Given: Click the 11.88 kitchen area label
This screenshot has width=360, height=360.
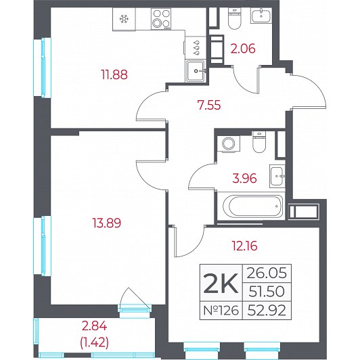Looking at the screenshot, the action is pyautogui.click(x=114, y=74).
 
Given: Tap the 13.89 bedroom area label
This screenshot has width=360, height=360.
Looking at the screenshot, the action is pyautogui.click(x=106, y=223).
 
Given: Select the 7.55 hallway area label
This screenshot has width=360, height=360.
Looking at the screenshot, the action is pyautogui.click(x=209, y=105).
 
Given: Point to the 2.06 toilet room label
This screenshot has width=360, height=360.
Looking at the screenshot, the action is pyautogui.click(x=243, y=49).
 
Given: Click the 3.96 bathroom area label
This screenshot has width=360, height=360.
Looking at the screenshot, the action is pyautogui.click(x=244, y=179).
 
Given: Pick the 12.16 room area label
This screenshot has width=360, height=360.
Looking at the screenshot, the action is pyautogui.click(x=245, y=246).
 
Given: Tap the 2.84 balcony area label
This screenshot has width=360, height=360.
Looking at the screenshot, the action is pyautogui.click(x=94, y=326).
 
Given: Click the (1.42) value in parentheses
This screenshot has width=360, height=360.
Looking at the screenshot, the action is pyautogui.click(x=94, y=343).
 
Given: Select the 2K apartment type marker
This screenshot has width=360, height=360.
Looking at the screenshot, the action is pyautogui.click(x=221, y=284).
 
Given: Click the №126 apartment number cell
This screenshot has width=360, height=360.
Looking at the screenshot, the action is pyautogui.click(x=221, y=311).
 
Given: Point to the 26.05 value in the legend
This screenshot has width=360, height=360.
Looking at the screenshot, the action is pyautogui.click(x=267, y=273).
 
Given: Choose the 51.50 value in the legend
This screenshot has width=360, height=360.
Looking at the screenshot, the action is pyautogui.click(x=267, y=292).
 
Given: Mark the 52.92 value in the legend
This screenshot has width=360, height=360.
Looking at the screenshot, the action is pyautogui.click(x=267, y=311).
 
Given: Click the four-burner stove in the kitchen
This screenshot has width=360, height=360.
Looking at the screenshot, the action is pyautogui.click(x=161, y=19).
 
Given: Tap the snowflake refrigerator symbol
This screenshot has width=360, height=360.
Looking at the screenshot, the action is pyautogui.click(x=124, y=19).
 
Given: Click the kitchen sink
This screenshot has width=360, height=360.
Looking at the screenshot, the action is pyautogui.click(x=196, y=70).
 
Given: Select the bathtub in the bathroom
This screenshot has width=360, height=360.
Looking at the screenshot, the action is pyautogui.click(x=252, y=206).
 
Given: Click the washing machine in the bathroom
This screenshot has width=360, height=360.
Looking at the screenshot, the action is pyautogui.click(x=229, y=143).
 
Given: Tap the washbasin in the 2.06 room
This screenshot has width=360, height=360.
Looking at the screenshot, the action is pyautogui.click(x=261, y=15).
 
